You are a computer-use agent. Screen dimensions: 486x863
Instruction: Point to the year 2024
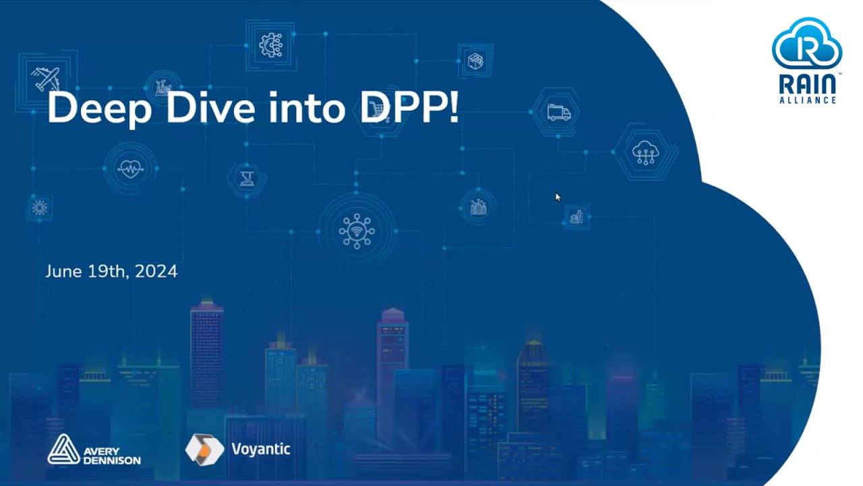point(156,271)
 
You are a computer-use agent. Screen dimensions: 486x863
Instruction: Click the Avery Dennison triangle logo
point(63,450)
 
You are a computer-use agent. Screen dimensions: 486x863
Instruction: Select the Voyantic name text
point(260,449)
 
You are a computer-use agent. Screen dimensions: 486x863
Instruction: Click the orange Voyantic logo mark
point(204,450)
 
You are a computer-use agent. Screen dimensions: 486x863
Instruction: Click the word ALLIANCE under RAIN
point(807,100)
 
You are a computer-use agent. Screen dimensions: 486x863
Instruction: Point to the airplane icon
point(45,79)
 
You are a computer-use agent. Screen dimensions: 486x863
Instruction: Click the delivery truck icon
point(558,113)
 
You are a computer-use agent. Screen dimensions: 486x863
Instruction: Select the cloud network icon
point(645,153)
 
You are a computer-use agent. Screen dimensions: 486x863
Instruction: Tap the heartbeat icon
point(130,168)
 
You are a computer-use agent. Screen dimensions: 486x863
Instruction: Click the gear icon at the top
point(271,45)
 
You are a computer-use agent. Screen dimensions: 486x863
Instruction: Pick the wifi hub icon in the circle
point(357,231)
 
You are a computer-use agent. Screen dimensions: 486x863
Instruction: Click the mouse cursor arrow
point(557,196)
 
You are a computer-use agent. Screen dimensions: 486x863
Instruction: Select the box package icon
point(476,61)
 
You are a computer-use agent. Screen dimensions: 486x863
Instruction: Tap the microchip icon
point(40,208)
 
